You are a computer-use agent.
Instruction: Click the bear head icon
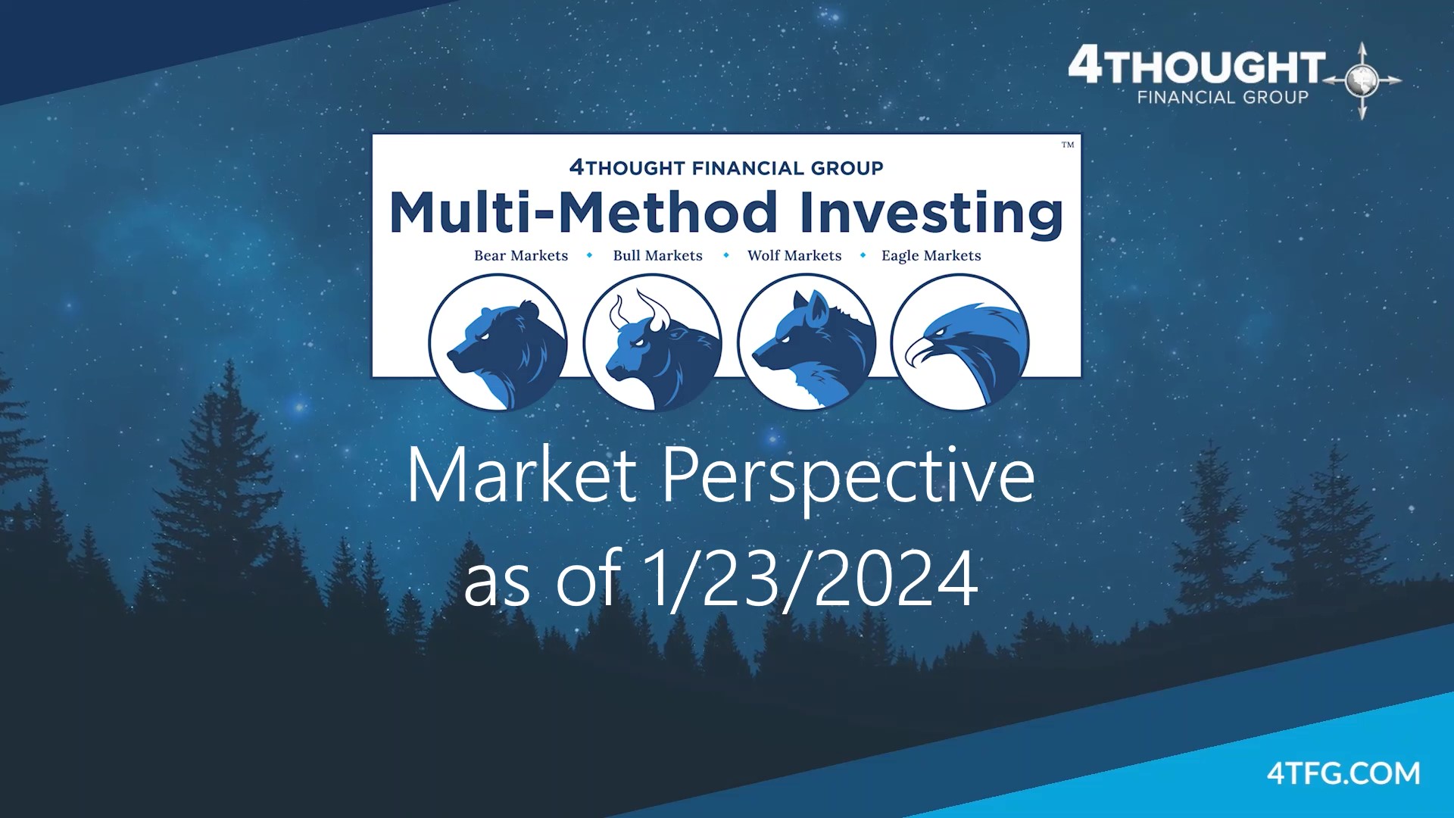click(x=498, y=342)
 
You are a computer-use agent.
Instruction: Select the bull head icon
click(x=652, y=342)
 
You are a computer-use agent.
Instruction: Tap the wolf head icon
click(x=807, y=342)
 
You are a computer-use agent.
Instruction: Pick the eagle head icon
click(x=960, y=342)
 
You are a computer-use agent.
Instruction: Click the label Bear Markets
click(x=521, y=256)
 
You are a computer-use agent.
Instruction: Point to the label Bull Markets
click(x=658, y=256)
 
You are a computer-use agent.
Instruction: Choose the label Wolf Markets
click(x=794, y=256)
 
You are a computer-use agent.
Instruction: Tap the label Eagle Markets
click(x=931, y=256)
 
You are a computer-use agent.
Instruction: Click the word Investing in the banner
click(x=931, y=214)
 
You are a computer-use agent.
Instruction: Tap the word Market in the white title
click(x=522, y=475)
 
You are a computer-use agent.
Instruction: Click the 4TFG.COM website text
click(x=1343, y=773)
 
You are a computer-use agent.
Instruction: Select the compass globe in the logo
click(x=1363, y=80)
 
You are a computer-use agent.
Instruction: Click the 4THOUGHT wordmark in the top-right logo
click(x=1197, y=66)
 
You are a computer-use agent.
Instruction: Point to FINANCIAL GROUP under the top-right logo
click(x=1223, y=97)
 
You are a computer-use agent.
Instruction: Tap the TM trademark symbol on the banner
click(x=1068, y=145)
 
